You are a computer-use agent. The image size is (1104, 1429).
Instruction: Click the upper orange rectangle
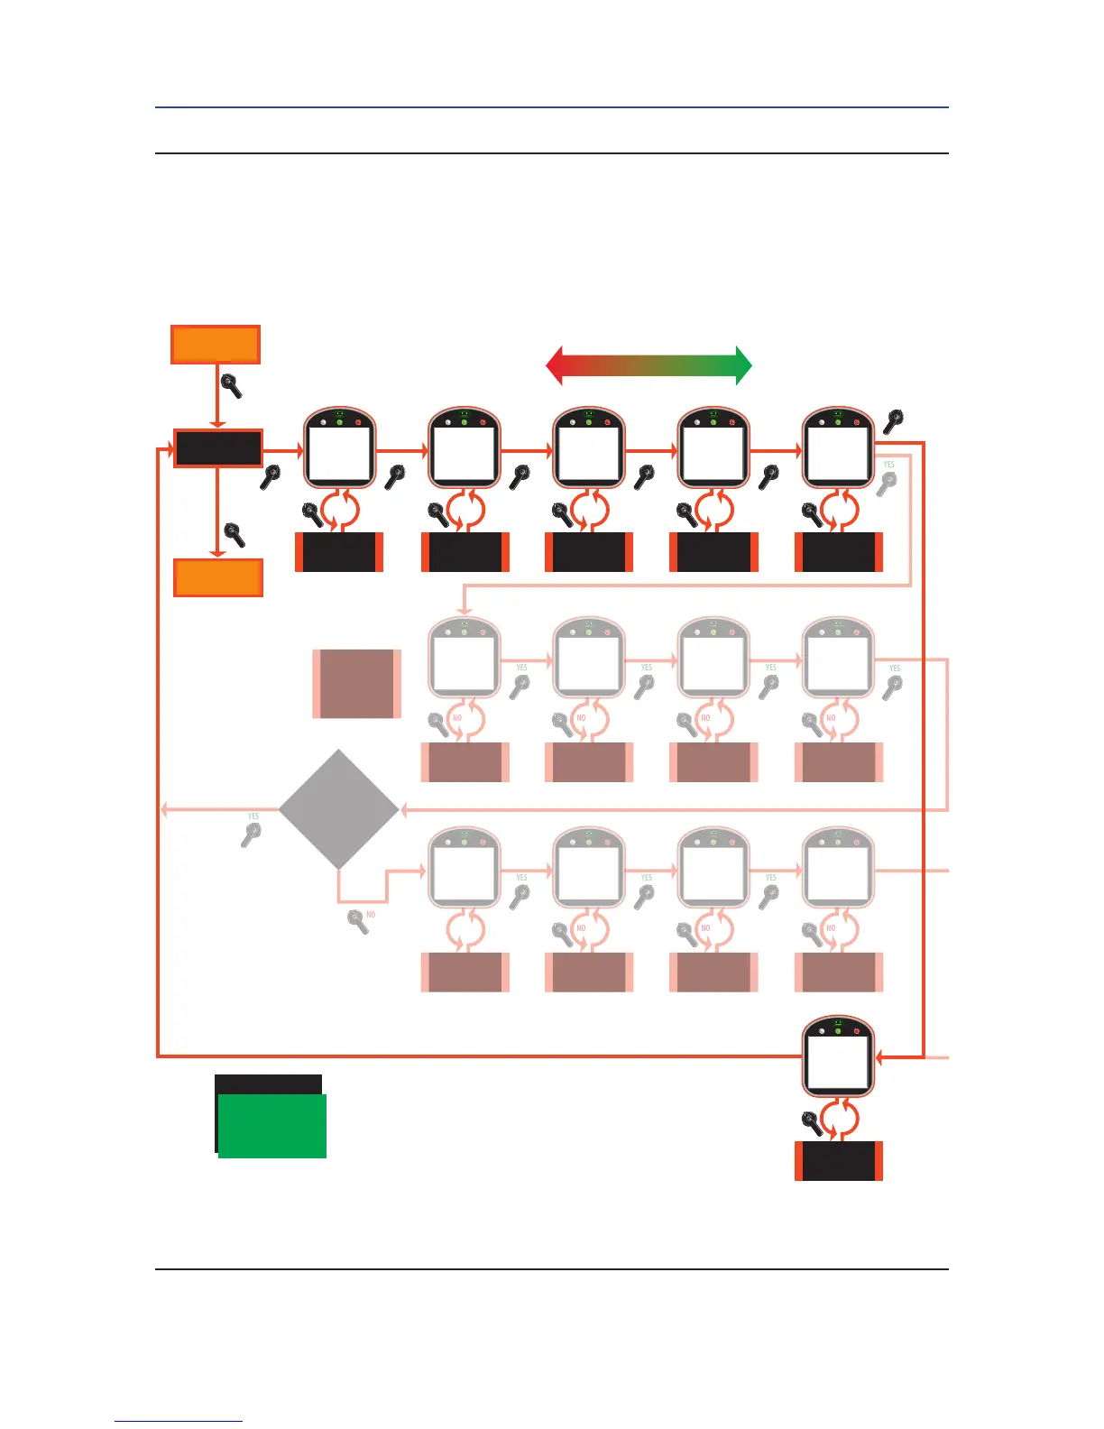pos(216,345)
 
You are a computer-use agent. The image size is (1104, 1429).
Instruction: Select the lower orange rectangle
pos(217,577)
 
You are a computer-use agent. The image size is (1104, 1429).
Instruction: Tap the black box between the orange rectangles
pos(217,447)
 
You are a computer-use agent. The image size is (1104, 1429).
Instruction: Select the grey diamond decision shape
pos(338,809)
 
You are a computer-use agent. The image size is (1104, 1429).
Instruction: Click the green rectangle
pos(272,1126)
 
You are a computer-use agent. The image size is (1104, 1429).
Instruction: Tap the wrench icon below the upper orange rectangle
pos(232,386)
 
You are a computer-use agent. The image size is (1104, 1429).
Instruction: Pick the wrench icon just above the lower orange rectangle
pos(235,534)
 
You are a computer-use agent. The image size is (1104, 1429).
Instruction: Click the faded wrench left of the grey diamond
pos(251,834)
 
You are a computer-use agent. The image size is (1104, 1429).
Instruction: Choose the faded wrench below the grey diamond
pos(358,922)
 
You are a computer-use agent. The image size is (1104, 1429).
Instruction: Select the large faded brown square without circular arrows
pos(357,684)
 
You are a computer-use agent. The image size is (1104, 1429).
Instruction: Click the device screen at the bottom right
pos(838,1062)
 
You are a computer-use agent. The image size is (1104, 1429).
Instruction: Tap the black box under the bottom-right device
pos(838,1161)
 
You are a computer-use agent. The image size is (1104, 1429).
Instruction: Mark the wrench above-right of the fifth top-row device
pos(893,421)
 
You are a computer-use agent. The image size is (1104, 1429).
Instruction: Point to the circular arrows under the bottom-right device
pos(839,1120)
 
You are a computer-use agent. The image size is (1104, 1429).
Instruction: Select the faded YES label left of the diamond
pos(253,816)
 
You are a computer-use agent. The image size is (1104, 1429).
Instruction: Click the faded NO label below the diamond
pos(371,915)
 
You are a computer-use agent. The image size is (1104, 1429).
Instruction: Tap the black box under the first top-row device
pos(339,552)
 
